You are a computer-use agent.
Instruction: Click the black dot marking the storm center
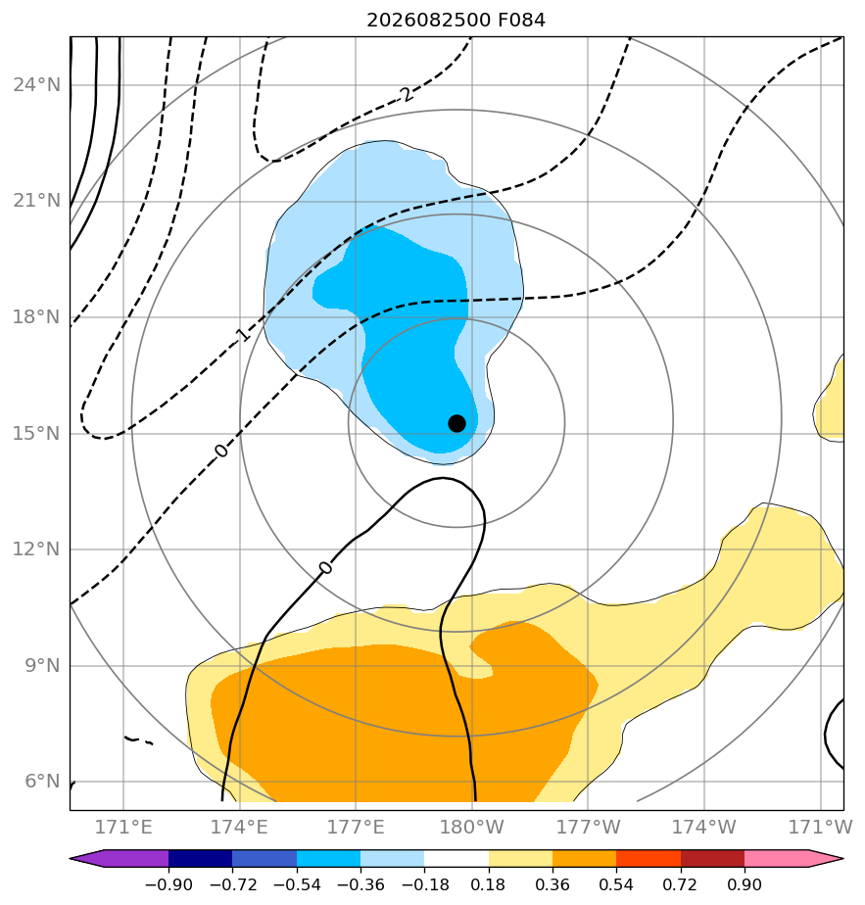(457, 424)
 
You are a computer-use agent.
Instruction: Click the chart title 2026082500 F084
(456, 21)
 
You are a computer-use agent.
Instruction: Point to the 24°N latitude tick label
(37, 85)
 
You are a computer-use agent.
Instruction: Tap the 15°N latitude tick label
(37, 434)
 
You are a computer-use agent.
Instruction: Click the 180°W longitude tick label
(472, 828)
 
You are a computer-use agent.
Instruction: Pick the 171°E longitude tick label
(123, 828)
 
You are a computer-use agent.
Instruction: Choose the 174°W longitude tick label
(704, 828)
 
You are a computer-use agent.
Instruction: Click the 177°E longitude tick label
(356, 828)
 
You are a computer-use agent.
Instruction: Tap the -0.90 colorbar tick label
(168, 884)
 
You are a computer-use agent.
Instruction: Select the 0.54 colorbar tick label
(616, 884)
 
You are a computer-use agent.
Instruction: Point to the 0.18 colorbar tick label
(489, 884)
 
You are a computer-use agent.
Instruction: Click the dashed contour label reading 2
(408, 93)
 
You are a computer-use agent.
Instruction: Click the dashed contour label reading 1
(243, 334)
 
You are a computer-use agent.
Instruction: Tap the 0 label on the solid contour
(325, 568)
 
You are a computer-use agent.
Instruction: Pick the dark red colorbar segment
(712, 858)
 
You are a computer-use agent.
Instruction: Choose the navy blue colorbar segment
(201, 858)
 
